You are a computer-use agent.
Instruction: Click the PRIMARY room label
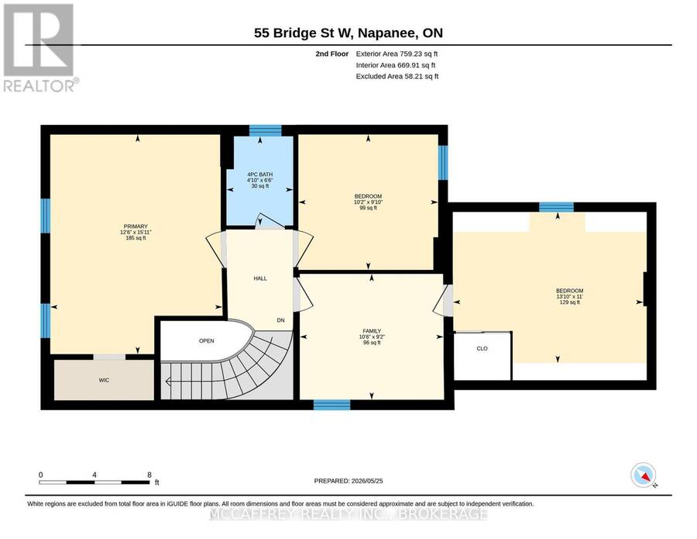pos(136,226)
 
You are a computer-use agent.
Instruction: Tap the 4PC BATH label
pos(260,174)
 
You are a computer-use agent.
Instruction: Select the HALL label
pos(260,278)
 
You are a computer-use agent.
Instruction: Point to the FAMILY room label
pos(372,331)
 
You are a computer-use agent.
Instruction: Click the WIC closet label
pos(104,380)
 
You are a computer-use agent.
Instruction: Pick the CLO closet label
pos(482,348)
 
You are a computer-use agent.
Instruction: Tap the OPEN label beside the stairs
pos(206,341)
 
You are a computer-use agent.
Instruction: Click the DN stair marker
pos(280,320)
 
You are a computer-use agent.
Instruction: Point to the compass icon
pos(644,475)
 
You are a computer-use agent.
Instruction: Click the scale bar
pos(94,482)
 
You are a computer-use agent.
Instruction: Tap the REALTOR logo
pos(40,47)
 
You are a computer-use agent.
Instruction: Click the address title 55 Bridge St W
pos(304,33)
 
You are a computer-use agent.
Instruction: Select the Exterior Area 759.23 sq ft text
pos(397,54)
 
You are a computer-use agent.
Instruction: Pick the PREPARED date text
pos(348,481)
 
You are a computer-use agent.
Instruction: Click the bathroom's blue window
pos(266,130)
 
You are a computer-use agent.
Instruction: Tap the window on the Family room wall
pos(331,405)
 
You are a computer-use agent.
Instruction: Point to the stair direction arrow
pos(169,382)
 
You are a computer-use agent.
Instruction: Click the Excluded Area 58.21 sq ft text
pos(397,76)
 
